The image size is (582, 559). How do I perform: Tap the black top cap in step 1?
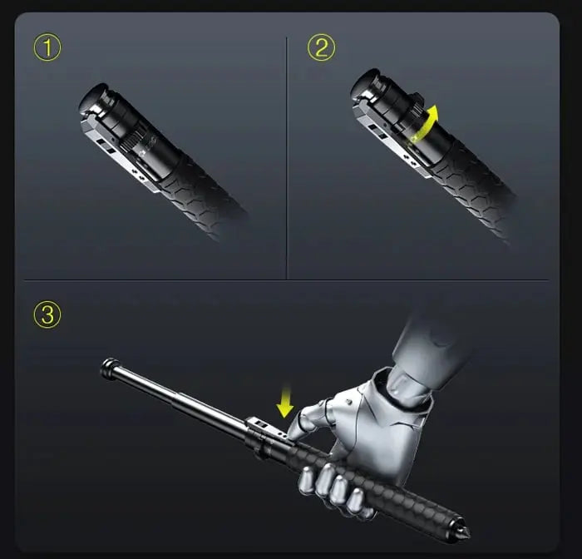(x=94, y=97)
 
